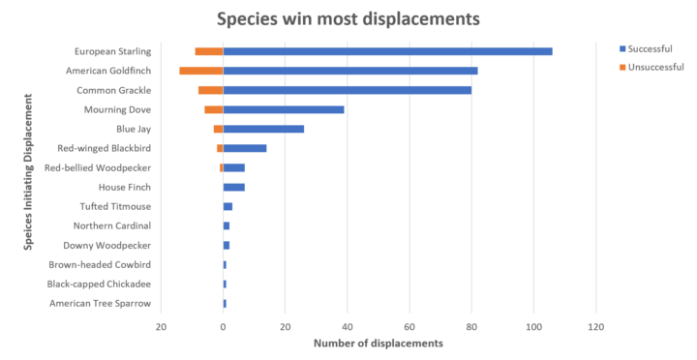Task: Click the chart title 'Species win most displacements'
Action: point(348,19)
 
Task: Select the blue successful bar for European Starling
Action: point(387,51)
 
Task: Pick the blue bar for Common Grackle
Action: point(348,90)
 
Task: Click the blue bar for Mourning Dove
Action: point(284,109)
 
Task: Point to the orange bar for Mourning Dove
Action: point(214,109)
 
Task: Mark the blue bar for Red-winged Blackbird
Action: point(245,148)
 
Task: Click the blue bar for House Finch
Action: point(234,187)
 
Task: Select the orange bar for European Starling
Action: point(209,51)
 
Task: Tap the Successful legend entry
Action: point(650,48)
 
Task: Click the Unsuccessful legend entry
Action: point(654,67)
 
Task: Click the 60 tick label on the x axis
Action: point(409,327)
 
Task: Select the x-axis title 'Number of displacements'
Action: point(379,344)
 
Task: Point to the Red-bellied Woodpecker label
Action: point(97,167)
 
